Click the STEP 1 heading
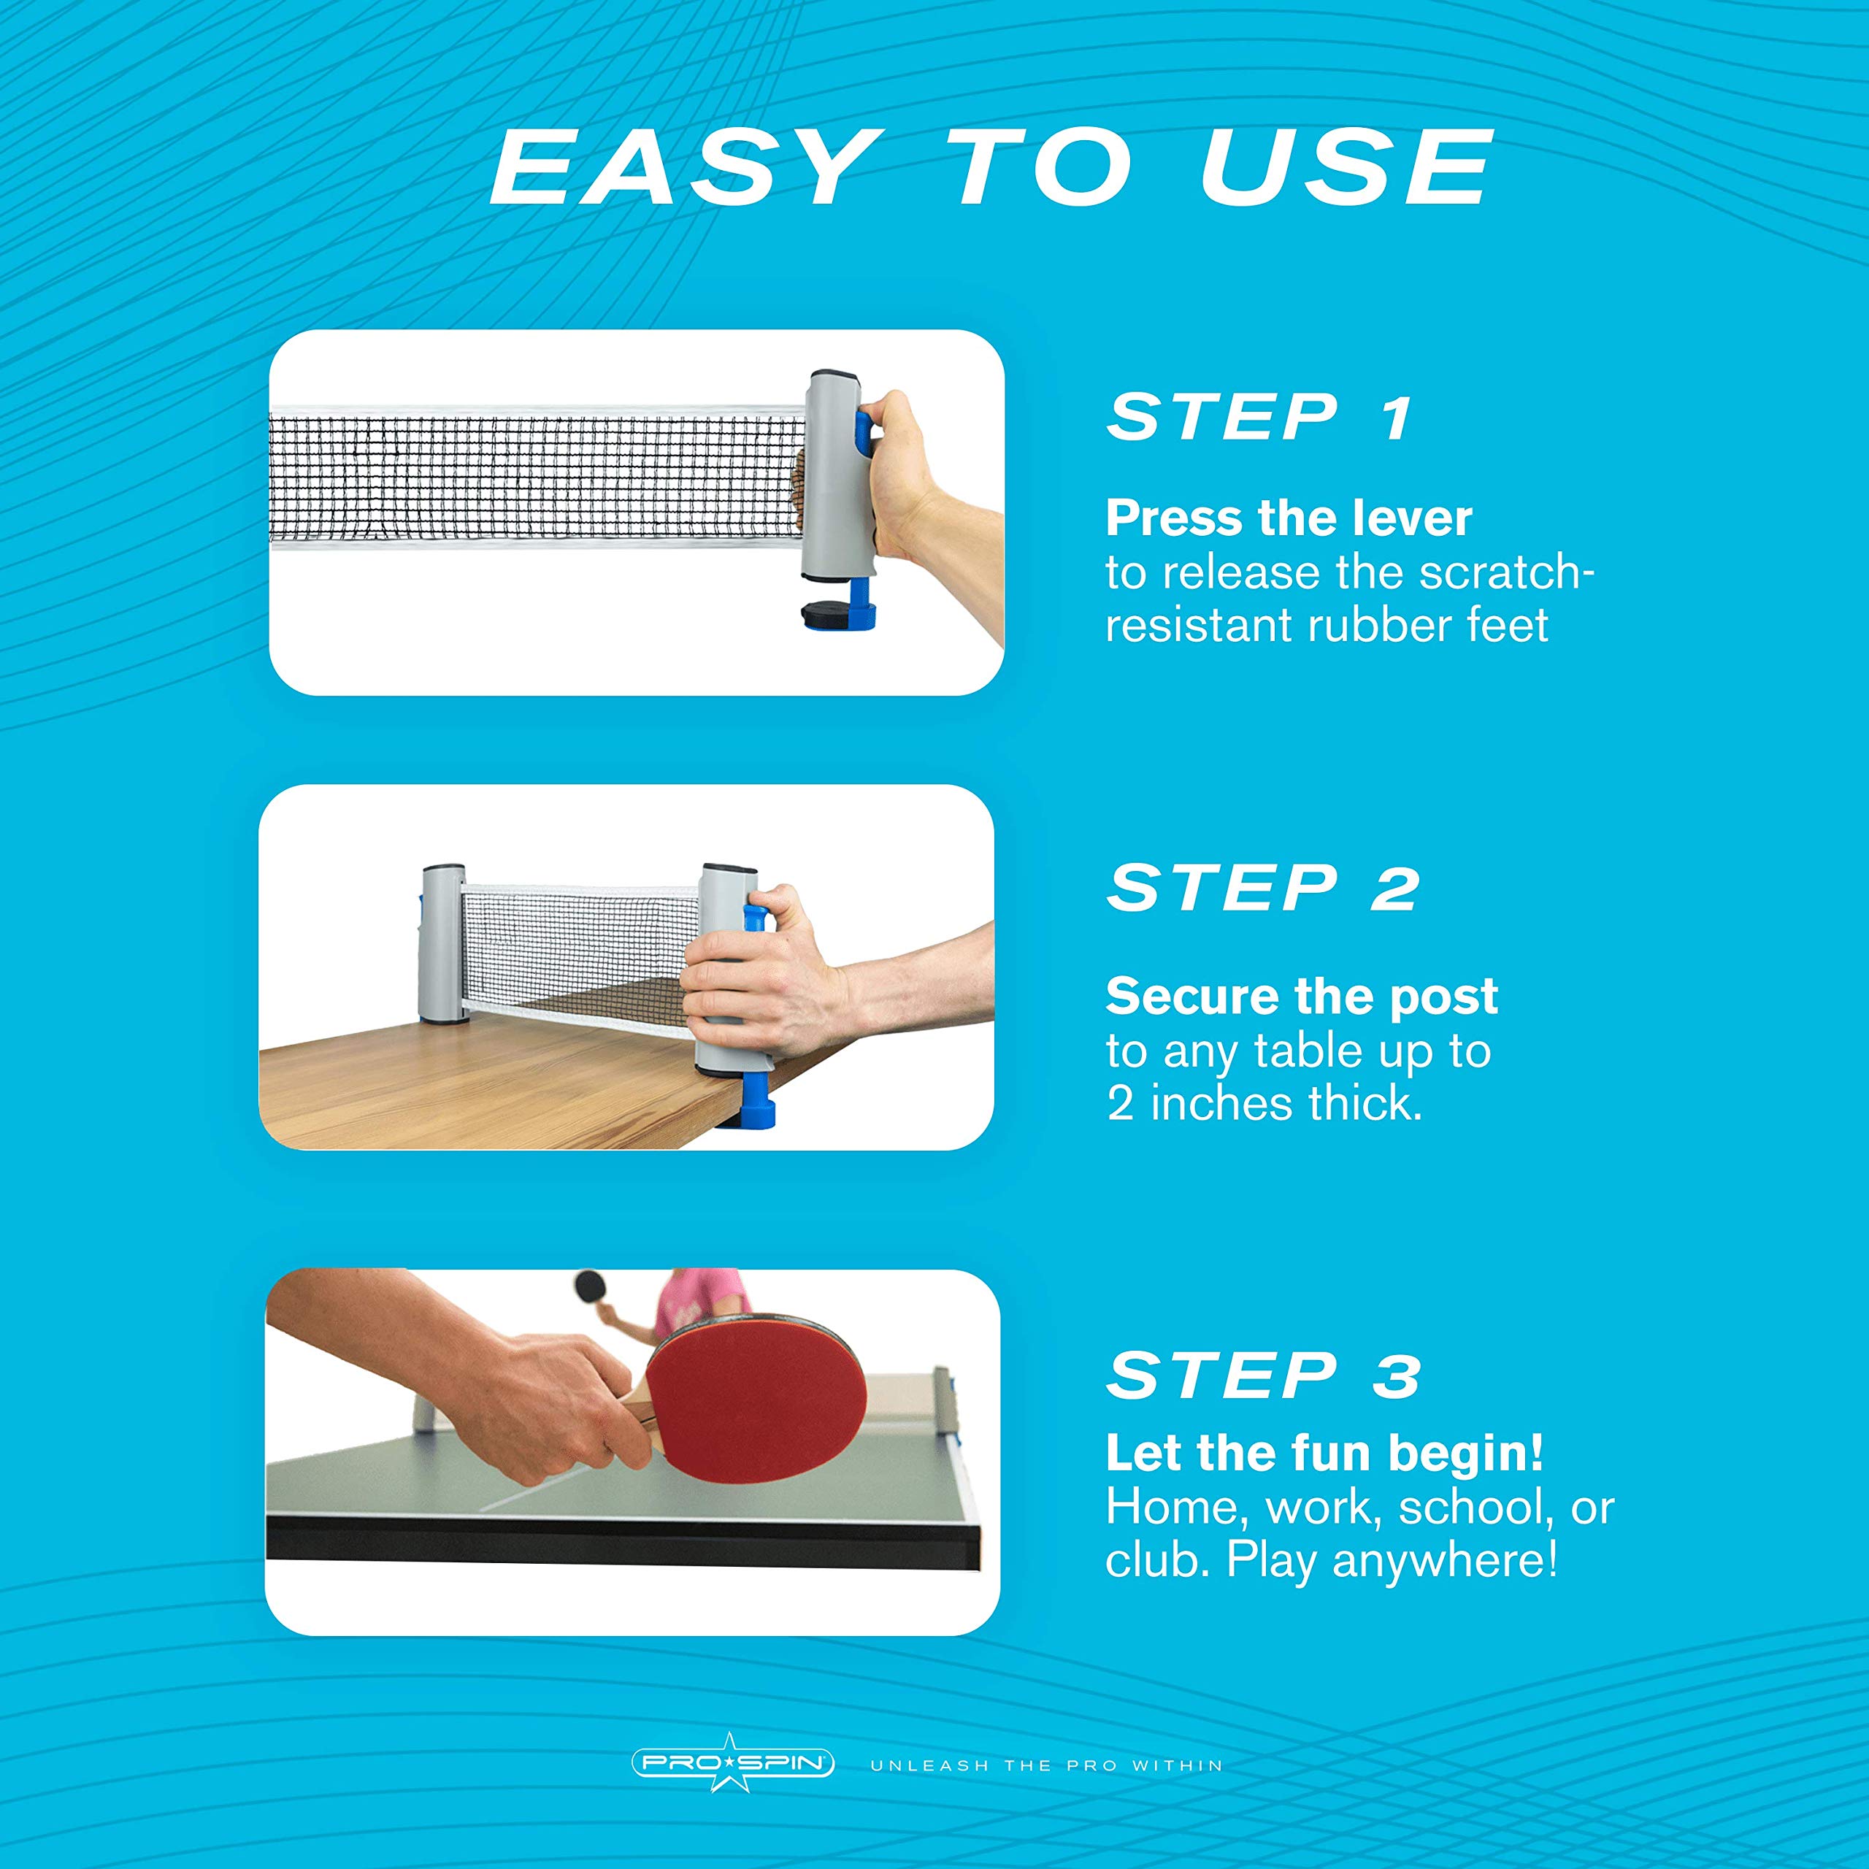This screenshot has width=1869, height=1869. [x=1259, y=418]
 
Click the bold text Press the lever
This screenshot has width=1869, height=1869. [x=1289, y=518]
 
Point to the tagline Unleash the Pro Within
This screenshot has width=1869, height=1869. [x=1047, y=1765]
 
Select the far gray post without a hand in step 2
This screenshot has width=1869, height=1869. [x=442, y=944]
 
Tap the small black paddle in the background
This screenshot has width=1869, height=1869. [x=590, y=1286]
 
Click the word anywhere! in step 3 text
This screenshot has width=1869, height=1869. [x=1446, y=1559]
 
